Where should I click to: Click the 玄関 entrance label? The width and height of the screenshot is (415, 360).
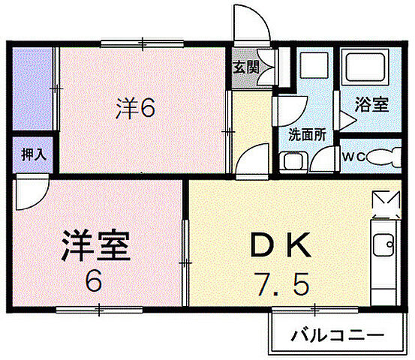[245, 67]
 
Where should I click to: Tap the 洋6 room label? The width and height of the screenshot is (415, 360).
[135, 109]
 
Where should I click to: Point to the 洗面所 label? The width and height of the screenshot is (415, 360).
[307, 135]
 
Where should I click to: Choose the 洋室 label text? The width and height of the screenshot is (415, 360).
[96, 245]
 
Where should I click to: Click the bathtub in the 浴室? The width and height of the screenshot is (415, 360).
[365, 71]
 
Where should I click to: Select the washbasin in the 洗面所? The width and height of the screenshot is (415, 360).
[290, 160]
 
